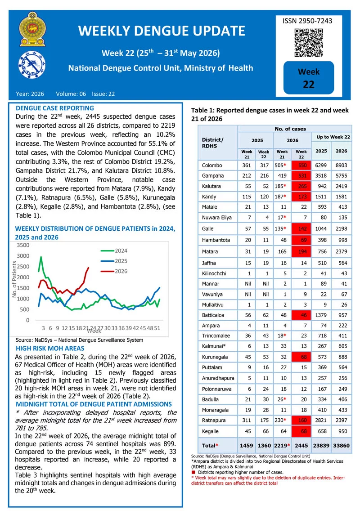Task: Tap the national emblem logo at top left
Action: (x=32, y=29)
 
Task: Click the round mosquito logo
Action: (x=32, y=65)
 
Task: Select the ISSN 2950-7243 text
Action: (x=307, y=21)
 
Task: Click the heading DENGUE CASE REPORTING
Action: (x=54, y=108)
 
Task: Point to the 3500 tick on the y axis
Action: (x=23, y=245)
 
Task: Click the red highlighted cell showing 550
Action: (x=301, y=165)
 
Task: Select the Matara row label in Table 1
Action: (x=210, y=251)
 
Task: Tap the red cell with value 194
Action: (x=301, y=251)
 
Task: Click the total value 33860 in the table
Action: (x=342, y=446)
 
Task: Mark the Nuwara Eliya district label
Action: (x=217, y=218)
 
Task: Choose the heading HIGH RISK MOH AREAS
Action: (x=50, y=348)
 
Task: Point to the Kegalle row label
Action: (x=210, y=431)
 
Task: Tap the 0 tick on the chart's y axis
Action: (x=28, y=320)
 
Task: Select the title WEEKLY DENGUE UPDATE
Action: (x=162, y=31)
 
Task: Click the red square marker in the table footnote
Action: (x=193, y=472)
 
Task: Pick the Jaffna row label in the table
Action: (x=209, y=263)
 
